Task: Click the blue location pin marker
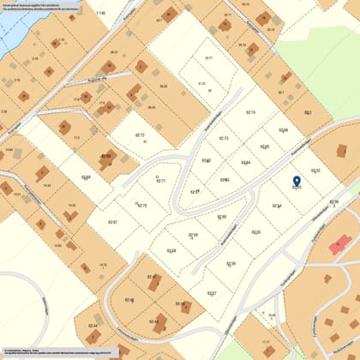pos(297,181)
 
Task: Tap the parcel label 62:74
pos(250,112)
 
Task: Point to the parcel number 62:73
pos(224,138)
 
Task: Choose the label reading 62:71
pos(160,181)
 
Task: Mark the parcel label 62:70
pos(142,206)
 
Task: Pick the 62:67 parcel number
pos(111,222)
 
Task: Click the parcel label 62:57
pos(211,293)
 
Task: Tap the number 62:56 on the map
pos(231,263)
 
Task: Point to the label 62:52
pos(315,171)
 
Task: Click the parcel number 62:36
pos(334,202)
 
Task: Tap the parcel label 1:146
pos(101,14)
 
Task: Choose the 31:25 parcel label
pos(202,83)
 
